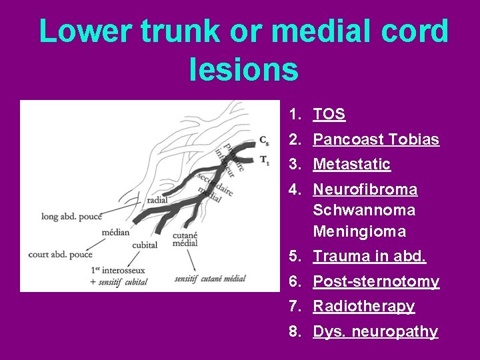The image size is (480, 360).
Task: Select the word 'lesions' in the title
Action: coord(243,69)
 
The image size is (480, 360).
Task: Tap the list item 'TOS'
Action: coord(329,114)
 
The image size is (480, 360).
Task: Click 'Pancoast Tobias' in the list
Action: coord(376,139)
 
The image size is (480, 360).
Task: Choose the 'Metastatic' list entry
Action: coord(351,164)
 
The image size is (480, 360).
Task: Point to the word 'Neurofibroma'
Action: coord(365,190)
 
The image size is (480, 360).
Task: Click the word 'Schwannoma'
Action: coord(364,211)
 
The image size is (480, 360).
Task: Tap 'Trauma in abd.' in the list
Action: coord(369,257)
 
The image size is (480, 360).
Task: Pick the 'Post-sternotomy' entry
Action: coord(376,281)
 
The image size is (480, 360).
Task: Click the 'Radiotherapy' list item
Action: coord(364,307)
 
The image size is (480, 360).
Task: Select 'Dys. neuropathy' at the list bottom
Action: coord(375,331)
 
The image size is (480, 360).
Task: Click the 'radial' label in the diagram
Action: coord(157,199)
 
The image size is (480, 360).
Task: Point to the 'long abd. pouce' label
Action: coord(72,216)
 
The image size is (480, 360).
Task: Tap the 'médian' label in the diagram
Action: coord(115,233)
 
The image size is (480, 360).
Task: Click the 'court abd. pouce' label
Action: coord(60,254)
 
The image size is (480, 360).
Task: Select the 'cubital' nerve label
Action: coord(145,245)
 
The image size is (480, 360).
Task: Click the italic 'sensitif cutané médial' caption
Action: coord(210,279)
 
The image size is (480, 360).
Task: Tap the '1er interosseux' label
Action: coord(118,270)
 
